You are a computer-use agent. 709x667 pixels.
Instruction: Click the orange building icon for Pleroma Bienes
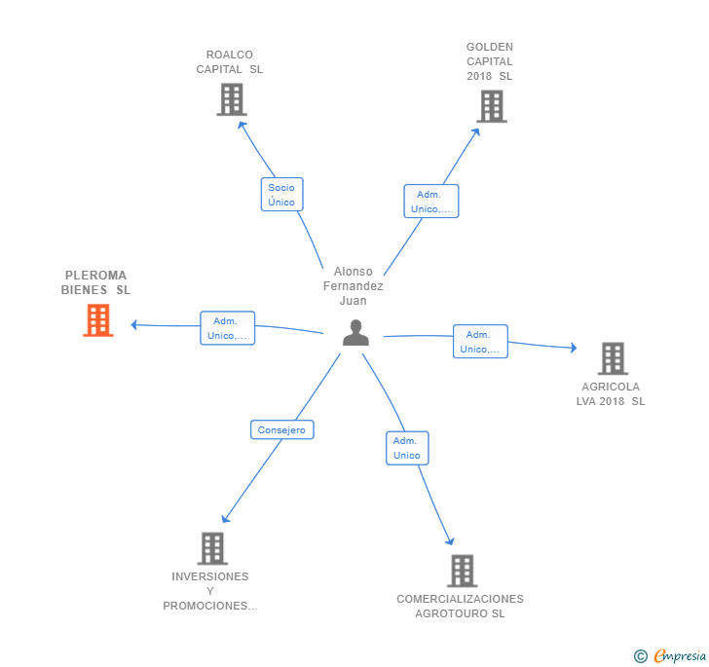tap(97, 319)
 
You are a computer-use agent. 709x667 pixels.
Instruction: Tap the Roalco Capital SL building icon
tap(231, 99)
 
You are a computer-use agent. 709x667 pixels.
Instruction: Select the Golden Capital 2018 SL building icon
tap(492, 106)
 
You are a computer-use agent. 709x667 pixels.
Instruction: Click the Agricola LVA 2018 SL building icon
tap(613, 358)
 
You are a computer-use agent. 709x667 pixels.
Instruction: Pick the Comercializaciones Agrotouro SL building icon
tap(462, 571)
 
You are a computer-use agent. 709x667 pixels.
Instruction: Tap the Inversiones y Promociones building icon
tap(212, 548)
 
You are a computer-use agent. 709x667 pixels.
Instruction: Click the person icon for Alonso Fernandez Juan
tap(355, 333)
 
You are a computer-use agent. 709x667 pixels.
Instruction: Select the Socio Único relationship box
tap(281, 195)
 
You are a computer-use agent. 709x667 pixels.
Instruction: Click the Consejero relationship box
tap(281, 429)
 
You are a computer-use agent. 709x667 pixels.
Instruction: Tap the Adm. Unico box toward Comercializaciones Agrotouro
tap(407, 448)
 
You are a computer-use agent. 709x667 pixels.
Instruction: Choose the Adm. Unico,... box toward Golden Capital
tap(430, 202)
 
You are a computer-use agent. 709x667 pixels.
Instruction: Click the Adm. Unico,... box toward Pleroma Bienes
tap(227, 329)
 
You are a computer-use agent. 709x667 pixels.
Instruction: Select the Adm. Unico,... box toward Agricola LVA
tap(480, 342)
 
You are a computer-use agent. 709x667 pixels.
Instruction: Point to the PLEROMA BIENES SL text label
tap(95, 282)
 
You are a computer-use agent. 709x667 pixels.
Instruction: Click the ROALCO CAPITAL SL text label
tap(230, 62)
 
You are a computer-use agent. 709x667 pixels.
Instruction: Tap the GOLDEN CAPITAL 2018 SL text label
tap(490, 61)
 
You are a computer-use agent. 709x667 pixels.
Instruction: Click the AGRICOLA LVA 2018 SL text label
tap(611, 393)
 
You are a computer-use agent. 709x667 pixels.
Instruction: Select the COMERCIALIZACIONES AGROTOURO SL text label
tap(460, 606)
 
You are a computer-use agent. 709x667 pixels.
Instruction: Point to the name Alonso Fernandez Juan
tap(354, 286)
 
